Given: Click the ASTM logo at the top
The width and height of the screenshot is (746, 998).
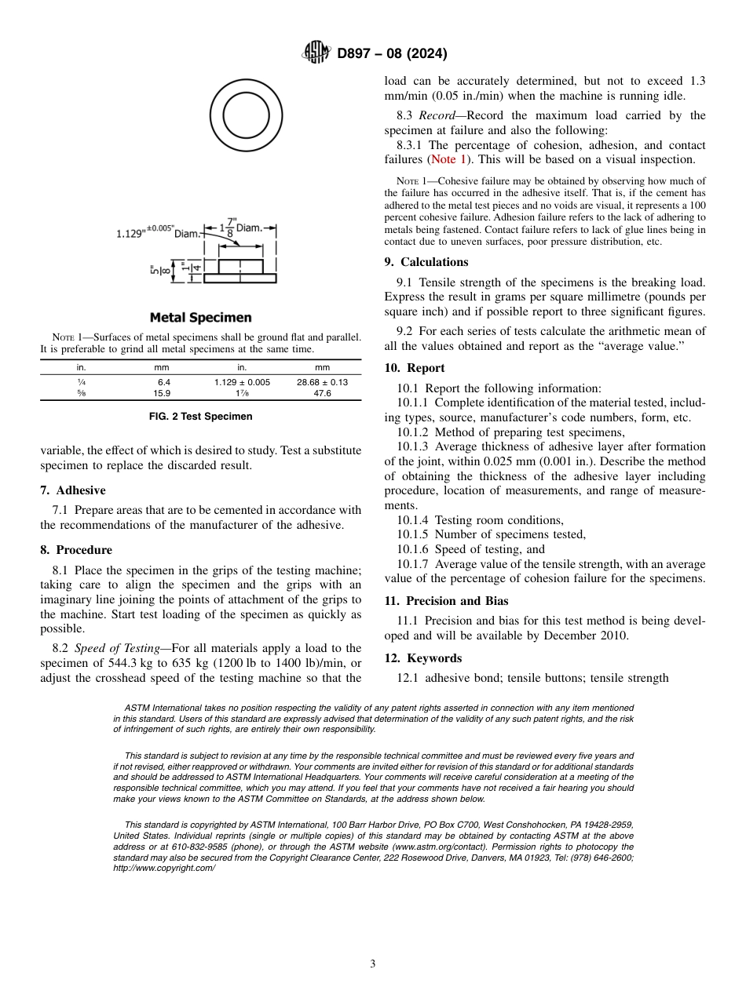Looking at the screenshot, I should point(316,53).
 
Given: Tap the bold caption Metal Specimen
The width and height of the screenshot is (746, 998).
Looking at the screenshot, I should point(200,318).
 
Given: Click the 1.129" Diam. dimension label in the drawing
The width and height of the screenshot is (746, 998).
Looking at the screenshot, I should point(159,232).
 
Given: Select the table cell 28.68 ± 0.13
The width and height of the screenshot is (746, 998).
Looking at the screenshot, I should point(322,382).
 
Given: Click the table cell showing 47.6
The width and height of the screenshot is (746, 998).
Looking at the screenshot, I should point(322,393).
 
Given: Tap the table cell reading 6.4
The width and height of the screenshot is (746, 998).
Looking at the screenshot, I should point(163,382).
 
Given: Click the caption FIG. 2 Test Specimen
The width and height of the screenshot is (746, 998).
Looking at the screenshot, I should point(200,417).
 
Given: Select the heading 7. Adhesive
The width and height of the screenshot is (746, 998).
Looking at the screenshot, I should point(72,490).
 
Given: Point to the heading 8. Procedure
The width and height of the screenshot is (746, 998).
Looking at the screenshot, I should point(75,550).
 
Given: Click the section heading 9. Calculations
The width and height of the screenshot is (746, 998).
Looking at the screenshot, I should point(426,262).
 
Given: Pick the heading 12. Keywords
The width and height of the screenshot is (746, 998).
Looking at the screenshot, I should point(422,658).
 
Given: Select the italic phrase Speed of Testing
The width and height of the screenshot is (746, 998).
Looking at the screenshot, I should point(117,648).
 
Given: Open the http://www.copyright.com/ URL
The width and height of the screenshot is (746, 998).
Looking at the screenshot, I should point(164,868).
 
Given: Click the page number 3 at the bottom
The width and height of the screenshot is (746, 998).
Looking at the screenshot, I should point(373,964).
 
